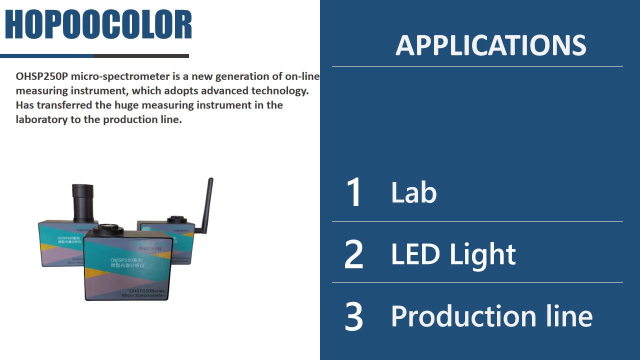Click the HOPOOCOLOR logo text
click(98, 25)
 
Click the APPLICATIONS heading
click(490, 45)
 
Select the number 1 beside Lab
click(354, 192)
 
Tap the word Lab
click(413, 192)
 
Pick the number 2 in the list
click(354, 254)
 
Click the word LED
click(416, 254)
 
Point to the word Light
click(482, 255)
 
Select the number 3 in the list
click(354, 316)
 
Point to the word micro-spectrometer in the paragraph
click(111, 76)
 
